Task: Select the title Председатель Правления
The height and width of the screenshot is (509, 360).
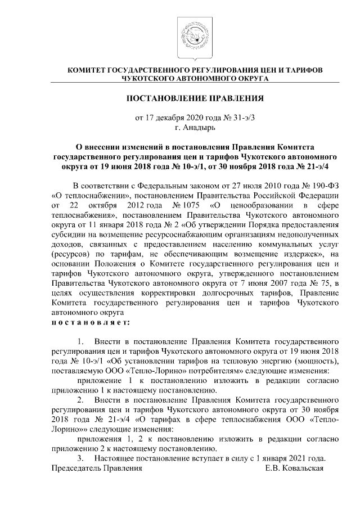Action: point(93,469)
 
